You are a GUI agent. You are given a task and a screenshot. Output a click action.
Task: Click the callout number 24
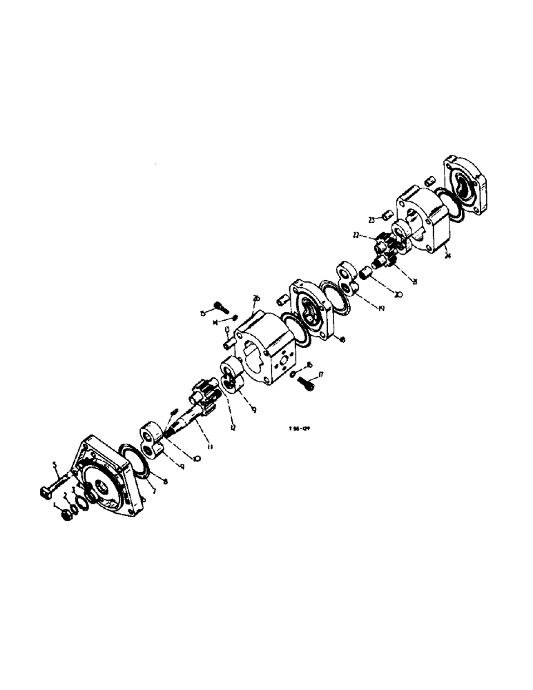pyautogui.click(x=448, y=257)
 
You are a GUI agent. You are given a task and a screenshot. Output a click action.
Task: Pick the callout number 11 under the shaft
pyautogui.click(x=210, y=447)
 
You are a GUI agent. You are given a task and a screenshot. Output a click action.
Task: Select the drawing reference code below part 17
pyautogui.click(x=299, y=428)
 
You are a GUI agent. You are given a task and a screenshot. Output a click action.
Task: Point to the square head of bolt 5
pyautogui.click(x=43, y=493)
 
